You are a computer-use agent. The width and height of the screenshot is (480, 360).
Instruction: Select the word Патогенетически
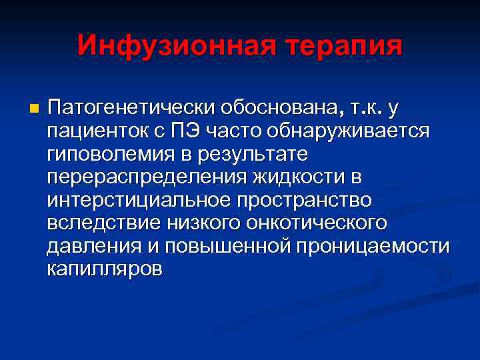(117, 108)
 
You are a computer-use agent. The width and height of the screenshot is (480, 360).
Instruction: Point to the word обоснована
(267, 108)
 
